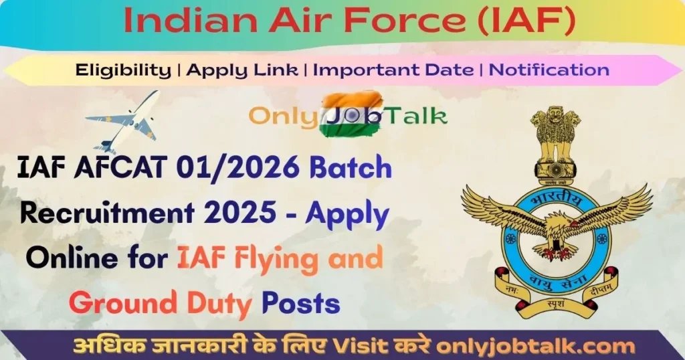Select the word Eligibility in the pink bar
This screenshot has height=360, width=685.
(x=123, y=70)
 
